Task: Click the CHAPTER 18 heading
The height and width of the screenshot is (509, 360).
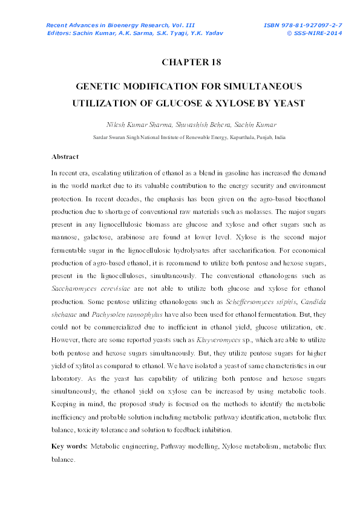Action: pyautogui.click(x=191, y=62)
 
